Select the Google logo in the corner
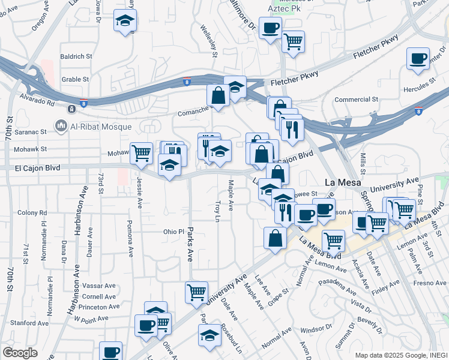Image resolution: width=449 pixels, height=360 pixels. [20, 353]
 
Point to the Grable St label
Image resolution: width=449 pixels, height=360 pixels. [75, 79]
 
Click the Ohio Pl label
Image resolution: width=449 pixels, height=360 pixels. [173, 232]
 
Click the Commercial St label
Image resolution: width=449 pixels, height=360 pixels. [356, 99]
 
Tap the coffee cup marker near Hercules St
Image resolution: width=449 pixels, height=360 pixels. [418, 59]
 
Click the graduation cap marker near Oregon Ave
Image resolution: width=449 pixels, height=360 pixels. [125, 21]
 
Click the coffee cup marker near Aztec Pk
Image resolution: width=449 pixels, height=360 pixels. [270, 28]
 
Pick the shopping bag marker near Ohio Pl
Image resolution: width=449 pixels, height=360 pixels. [274, 238]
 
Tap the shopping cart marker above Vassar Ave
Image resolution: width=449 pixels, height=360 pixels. [196, 293]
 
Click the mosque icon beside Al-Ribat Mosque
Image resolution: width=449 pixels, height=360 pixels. [60, 126]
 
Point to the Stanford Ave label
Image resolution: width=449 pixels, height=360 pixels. [26, 323]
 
